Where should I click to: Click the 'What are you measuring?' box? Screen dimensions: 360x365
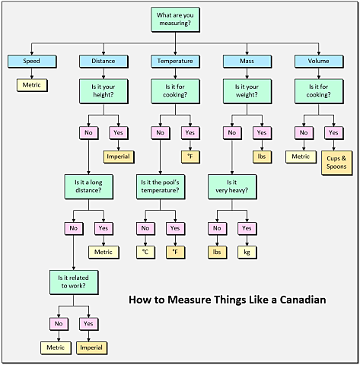pyautogui.click(x=175, y=20)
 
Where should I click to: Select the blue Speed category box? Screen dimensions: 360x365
pyautogui.click(x=32, y=62)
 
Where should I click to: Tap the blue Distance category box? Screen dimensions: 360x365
pyautogui.click(x=104, y=62)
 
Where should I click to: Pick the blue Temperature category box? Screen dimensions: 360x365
pyautogui.click(x=175, y=62)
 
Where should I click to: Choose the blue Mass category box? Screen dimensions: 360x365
pyautogui.click(x=247, y=62)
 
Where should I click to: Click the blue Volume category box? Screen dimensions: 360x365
pyautogui.click(x=319, y=62)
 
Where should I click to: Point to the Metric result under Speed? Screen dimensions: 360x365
pyautogui.click(x=32, y=85)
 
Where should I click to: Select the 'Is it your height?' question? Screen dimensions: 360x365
pyautogui.click(x=104, y=91)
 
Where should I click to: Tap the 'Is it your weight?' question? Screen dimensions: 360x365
pyautogui.click(x=247, y=91)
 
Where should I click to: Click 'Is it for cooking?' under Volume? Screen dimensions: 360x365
pyautogui.click(x=319, y=91)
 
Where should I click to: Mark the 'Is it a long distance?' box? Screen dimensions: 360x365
pyautogui.click(x=89, y=187)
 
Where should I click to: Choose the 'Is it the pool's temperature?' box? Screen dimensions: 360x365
pyautogui.click(x=161, y=187)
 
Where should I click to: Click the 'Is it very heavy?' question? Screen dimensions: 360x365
pyautogui.click(x=232, y=187)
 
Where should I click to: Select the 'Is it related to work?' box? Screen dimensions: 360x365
pyautogui.click(x=74, y=282)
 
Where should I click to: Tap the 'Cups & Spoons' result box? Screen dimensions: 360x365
pyautogui.click(x=336, y=163)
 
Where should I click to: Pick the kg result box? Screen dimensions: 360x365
pyautogui.click(x=247, y=252)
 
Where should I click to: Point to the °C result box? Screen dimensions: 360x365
pyautogui.click(x=145, y=252)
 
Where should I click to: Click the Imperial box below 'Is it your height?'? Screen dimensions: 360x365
pyautogui.click(x=119, y=157)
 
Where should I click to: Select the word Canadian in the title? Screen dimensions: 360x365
pyautogui.click(x=303, y=300)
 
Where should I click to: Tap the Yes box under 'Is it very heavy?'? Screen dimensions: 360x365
pyautogui.click(x=247, y=229)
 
